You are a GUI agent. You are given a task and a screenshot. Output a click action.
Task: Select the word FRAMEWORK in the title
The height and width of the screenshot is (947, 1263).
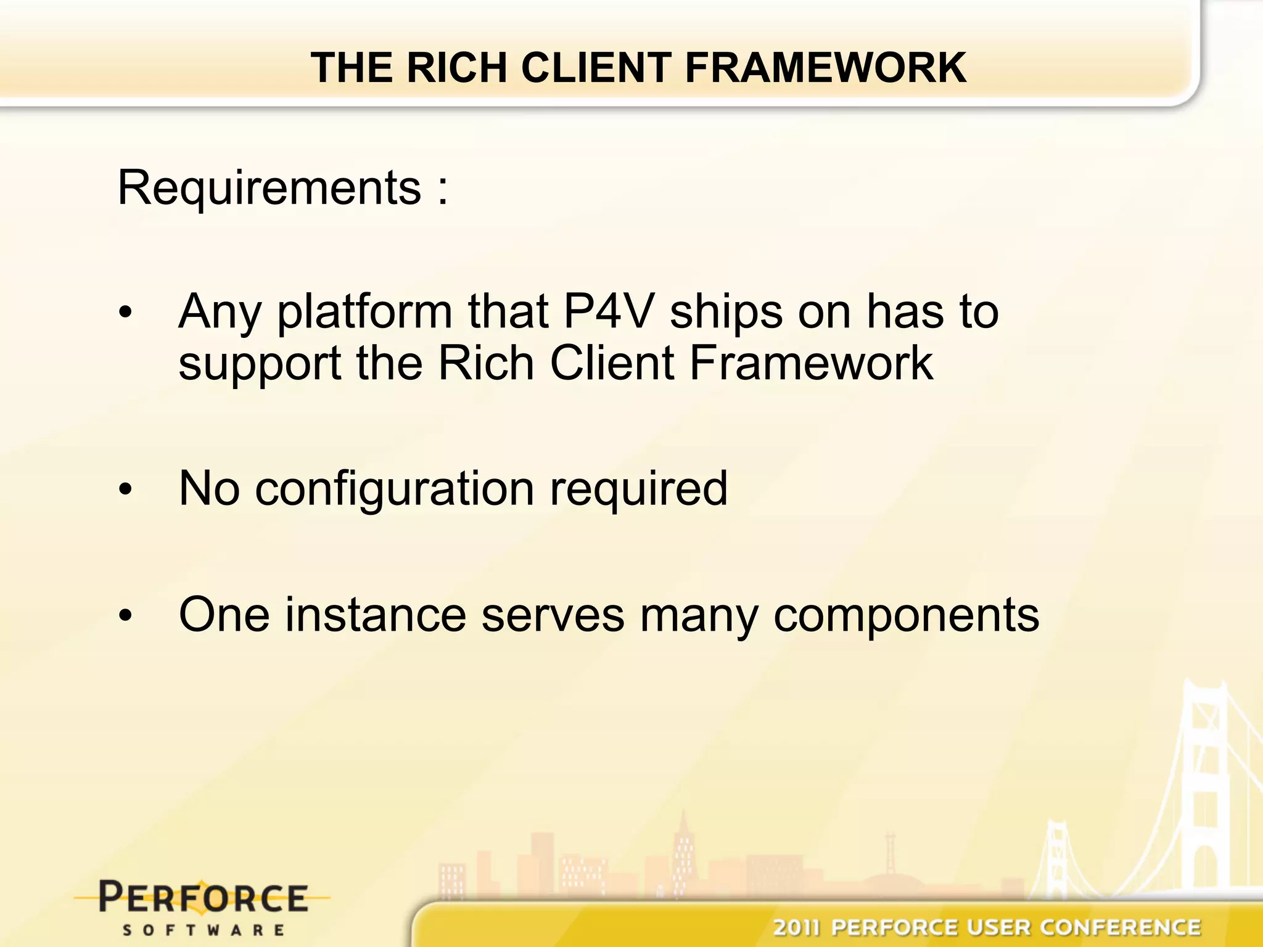click(x=825, y=67)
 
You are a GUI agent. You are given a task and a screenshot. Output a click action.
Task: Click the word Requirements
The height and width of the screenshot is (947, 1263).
click(x=269, y=188)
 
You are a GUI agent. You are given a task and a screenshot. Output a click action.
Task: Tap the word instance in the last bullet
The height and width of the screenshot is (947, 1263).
click(x=375, y=615)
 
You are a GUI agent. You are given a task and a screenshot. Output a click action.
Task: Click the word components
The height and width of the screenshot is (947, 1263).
click(x=907, y=617)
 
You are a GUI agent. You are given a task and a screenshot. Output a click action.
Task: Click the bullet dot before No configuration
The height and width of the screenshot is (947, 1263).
click(x=126, y=490)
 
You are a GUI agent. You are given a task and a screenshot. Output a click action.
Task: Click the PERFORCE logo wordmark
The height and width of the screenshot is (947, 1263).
click(x=203, y=897)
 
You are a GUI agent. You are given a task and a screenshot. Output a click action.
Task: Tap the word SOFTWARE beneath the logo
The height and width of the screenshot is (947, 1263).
click(x=203, y=930)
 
